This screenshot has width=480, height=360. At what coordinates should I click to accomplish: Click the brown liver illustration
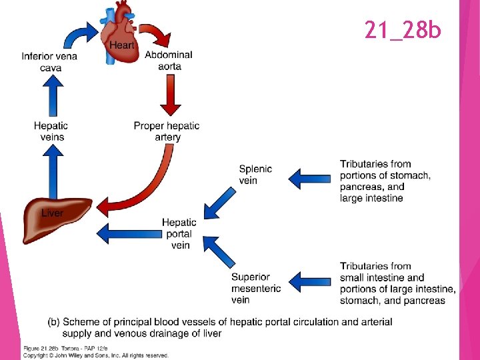[x=55, y=220]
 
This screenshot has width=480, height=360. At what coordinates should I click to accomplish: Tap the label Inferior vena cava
[x=49, y=61]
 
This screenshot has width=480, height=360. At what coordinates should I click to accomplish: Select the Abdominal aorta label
[x=169, y=60]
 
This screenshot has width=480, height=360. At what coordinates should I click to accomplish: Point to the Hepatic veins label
[x=51, y=131]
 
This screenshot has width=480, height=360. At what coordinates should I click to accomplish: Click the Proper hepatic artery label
[x=167, y=131]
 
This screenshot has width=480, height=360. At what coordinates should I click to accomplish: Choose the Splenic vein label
[x=255, y=175]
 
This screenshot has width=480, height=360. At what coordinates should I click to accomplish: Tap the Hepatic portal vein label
[x=179, y=233]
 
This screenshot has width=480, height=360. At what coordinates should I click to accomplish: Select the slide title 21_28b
[x=402, y=29]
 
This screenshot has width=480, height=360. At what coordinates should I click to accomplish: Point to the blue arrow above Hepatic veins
[x=52, y=97]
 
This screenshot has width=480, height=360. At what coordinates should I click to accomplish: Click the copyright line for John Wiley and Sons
[x=96, y=355]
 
